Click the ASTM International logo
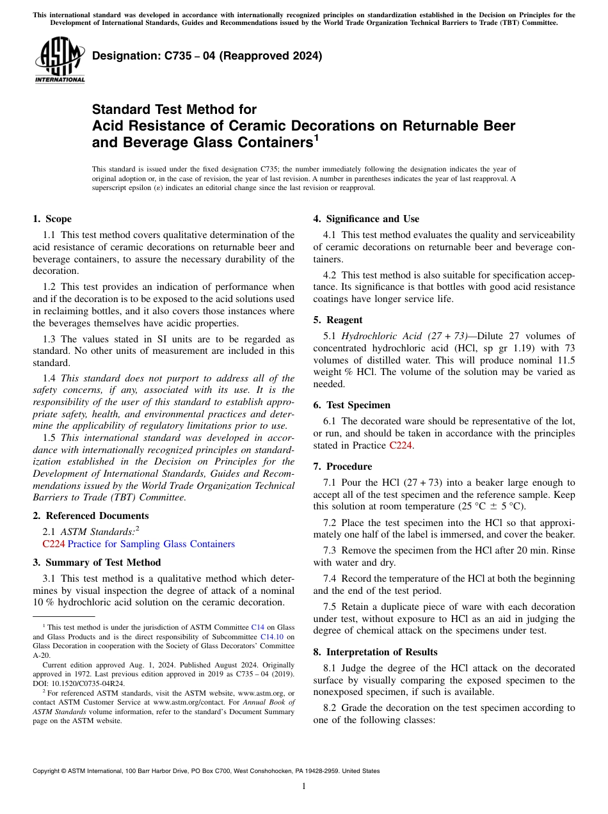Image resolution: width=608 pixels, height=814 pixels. pos(59,60)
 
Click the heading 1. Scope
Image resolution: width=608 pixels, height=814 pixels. pos(52,219)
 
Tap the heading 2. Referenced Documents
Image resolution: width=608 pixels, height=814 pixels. pos(90,516)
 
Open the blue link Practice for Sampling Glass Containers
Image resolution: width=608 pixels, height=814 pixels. pos(151,544)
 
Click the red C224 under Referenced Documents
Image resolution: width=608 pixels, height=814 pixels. pos(53,544)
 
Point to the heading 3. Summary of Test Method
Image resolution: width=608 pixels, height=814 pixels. pos(97,563)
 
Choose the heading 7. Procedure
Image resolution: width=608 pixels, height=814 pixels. pos(342,467)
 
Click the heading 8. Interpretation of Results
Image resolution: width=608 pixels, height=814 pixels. pos(375,652)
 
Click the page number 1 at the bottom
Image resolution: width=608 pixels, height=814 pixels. pos(304,786)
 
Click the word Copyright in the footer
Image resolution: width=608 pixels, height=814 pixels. pos(47,771)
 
